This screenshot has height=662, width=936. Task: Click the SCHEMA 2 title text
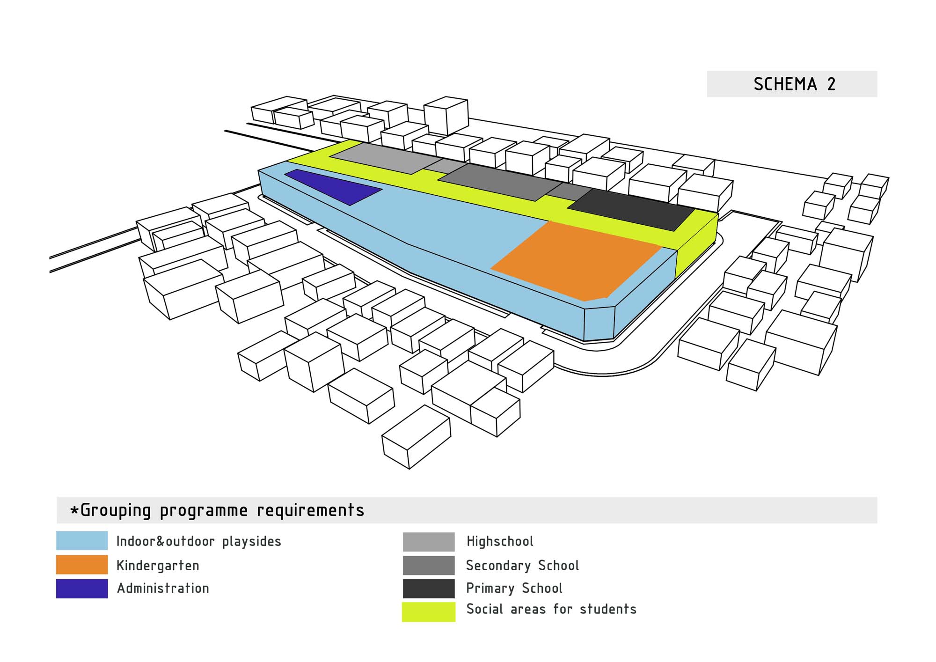(x=794, y=84)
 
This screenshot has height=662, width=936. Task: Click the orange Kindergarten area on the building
(x=576, y=261)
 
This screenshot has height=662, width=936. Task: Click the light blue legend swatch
(x=82, y=541)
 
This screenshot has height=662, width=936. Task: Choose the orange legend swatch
(x=82, y=565)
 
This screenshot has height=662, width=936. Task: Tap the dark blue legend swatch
(x=82, y=588)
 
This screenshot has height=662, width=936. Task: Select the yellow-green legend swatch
(x=429, y=612)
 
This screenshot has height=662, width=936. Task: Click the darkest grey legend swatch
(x=429, y=588)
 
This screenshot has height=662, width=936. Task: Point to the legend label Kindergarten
(x=158, y=566)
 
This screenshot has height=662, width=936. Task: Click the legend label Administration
(x=163, y=588)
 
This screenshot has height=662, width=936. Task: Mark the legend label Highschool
(x=500, y=542)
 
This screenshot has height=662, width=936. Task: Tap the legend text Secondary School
(x=522, y=566)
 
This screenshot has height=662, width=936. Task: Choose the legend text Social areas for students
(x=551, y=609)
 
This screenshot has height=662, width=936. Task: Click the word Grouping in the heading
(x=115, y=510)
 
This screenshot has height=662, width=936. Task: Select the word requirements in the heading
(x=310, y=510)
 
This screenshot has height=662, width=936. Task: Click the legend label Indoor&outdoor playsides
(x=198, y=542)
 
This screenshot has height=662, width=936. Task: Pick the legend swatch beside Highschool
(x=429, y=542)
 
